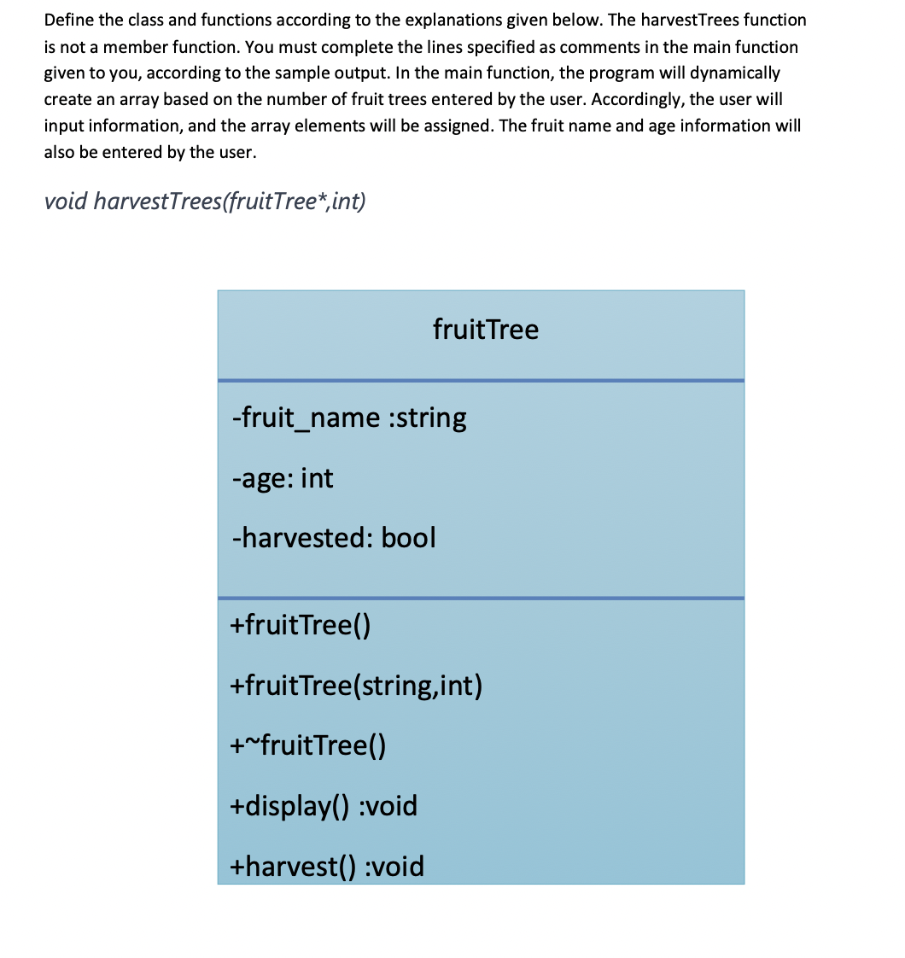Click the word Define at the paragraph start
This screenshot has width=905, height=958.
tap(67, 20)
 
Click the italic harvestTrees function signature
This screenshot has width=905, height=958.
tap(205, 202)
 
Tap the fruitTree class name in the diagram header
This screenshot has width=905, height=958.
tap(486, 330)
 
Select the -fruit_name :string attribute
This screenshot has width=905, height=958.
tap(349, 418)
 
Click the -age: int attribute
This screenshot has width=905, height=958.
tap(283, 478)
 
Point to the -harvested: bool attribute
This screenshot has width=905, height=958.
tap(334, 538)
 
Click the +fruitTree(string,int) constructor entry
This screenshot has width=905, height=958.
tap(357, 686)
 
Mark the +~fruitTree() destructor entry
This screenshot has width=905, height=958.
tap(308, 746)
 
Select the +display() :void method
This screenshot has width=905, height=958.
tap(324, 806)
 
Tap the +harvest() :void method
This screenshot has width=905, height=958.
tap(328, 867)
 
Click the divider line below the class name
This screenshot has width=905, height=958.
tap(481, 380)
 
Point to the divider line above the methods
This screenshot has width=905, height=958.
tap(481, 598)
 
